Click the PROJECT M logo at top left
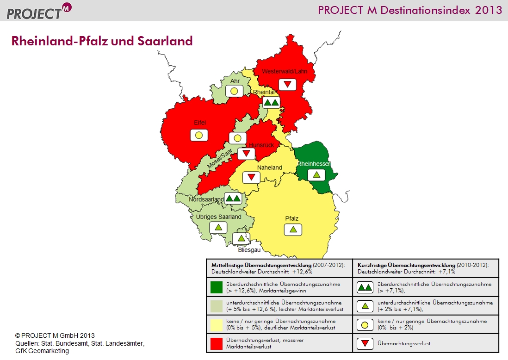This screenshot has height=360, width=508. tap(39, 12)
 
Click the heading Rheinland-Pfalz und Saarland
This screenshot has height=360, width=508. tap(102, 41)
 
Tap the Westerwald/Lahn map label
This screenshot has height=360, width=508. tap(285, 71)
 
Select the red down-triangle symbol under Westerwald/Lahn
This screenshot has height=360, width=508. tap(287, 85)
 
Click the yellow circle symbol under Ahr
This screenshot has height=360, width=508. tap(234, 91)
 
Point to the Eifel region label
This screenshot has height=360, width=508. tap(200, 123)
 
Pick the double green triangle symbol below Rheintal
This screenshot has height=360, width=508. tap(271, 103)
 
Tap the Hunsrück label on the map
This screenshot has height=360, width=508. tap(261, 145)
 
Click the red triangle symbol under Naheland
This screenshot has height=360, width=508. tap(251, 177)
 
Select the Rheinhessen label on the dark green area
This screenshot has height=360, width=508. tap(314, 164)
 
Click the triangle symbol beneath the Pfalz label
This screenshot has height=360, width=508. tap(293, 230)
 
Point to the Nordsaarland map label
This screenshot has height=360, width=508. tap(206, 199)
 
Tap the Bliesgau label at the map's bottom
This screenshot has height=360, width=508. tap(249, 250)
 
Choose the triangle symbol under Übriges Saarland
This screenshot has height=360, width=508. tap(218, 228)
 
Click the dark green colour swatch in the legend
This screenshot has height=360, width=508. tap(217, 287)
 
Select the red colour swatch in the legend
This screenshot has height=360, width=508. tap(217, 344)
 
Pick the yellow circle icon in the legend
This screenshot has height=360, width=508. tap(365, 325)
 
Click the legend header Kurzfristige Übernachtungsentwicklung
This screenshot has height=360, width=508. tap(406, 265)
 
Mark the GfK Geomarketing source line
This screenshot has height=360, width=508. tap(42, 351)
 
